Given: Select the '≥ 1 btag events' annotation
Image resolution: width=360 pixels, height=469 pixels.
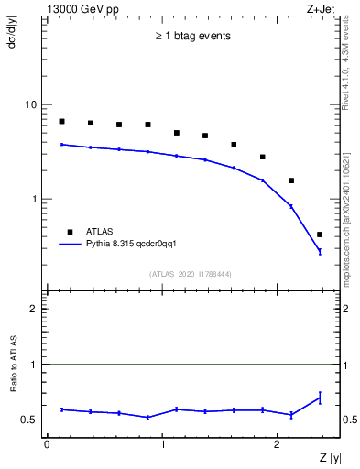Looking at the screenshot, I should pos(192,37).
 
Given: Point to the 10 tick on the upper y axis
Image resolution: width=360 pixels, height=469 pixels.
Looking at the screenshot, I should pos(31,104).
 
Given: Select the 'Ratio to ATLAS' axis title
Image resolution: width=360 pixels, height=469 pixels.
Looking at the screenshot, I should pos(14,392).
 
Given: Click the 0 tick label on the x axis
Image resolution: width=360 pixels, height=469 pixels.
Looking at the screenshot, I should pos(47,444).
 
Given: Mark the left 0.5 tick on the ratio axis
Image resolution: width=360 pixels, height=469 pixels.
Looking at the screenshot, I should pos(29,420).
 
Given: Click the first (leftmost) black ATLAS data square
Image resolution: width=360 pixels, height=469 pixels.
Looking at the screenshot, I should pos(61,121).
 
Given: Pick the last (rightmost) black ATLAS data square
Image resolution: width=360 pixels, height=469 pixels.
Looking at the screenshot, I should pos(319,234).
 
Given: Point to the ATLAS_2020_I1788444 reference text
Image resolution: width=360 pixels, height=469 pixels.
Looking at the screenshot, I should pos(191,274).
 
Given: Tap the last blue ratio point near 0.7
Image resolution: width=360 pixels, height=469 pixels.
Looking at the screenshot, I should pos(319,398).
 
